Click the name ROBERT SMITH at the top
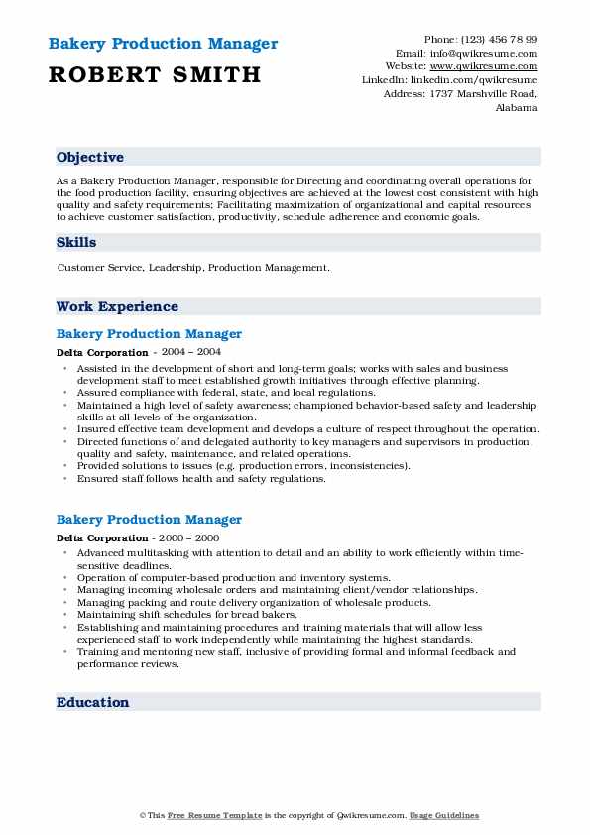click(154, 74)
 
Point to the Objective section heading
click(90, 157)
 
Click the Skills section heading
click(76, 242)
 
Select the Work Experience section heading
click(117, 306)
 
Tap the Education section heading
click(93, 702)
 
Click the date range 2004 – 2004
click(190, 352)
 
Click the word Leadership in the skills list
click(175, 268)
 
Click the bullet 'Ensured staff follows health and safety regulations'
click(201, 478)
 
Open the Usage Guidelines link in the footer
click(444, 815)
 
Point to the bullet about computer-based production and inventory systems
click(233, 577)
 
